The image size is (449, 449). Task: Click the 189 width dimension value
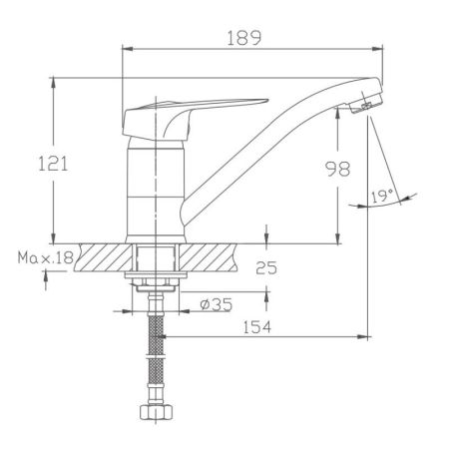(x=242, y=38)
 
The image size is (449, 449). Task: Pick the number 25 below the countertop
(x=265, y=267)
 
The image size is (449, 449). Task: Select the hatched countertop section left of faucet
(x=101, y=257)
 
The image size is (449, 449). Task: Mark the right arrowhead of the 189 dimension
(x=381, y=48)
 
